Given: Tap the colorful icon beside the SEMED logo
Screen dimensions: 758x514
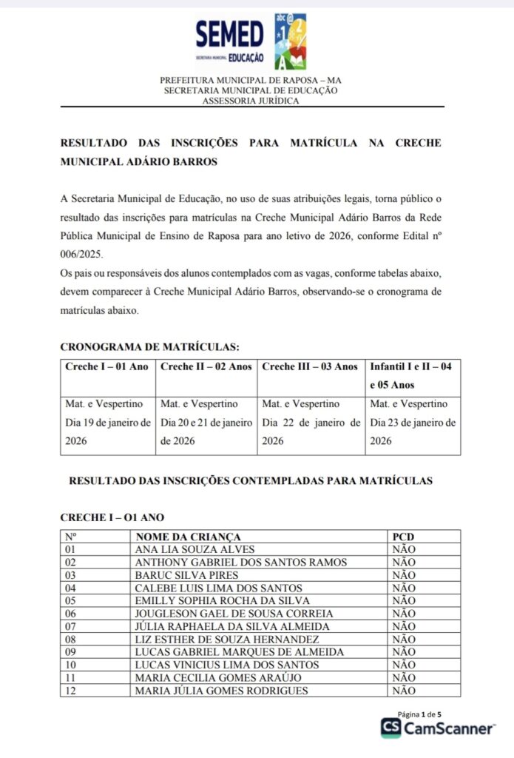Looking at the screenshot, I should point(290,41).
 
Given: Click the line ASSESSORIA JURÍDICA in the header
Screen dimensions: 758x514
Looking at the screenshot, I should point(251,101).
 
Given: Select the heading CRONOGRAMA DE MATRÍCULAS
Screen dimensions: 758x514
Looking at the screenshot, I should point(149,346).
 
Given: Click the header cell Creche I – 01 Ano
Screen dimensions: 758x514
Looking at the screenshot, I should point(106,366).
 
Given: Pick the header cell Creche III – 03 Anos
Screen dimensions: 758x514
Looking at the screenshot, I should point(310,366).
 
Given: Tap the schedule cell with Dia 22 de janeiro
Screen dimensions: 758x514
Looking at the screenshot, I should point(311,423).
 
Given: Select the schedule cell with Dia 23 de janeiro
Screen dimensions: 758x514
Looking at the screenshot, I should point(413,423).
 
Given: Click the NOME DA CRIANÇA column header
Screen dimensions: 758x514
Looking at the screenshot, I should point(188,536).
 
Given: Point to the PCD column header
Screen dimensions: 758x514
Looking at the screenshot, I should point(403,536).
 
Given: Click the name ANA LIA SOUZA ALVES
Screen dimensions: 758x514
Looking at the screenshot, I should point(195,549).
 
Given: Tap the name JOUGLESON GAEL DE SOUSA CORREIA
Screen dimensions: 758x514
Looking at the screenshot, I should point(234,614).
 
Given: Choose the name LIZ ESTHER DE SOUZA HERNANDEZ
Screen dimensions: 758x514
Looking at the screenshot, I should point(227,640).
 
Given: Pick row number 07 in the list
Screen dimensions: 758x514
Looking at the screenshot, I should point(70,626).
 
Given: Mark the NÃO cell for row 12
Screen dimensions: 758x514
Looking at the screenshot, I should point(404,691).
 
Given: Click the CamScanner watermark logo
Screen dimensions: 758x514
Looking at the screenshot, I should point(438,728).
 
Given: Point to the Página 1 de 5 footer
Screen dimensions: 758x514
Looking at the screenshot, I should point(419,714).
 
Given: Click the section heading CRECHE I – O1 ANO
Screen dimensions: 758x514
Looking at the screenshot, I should point(112,517).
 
